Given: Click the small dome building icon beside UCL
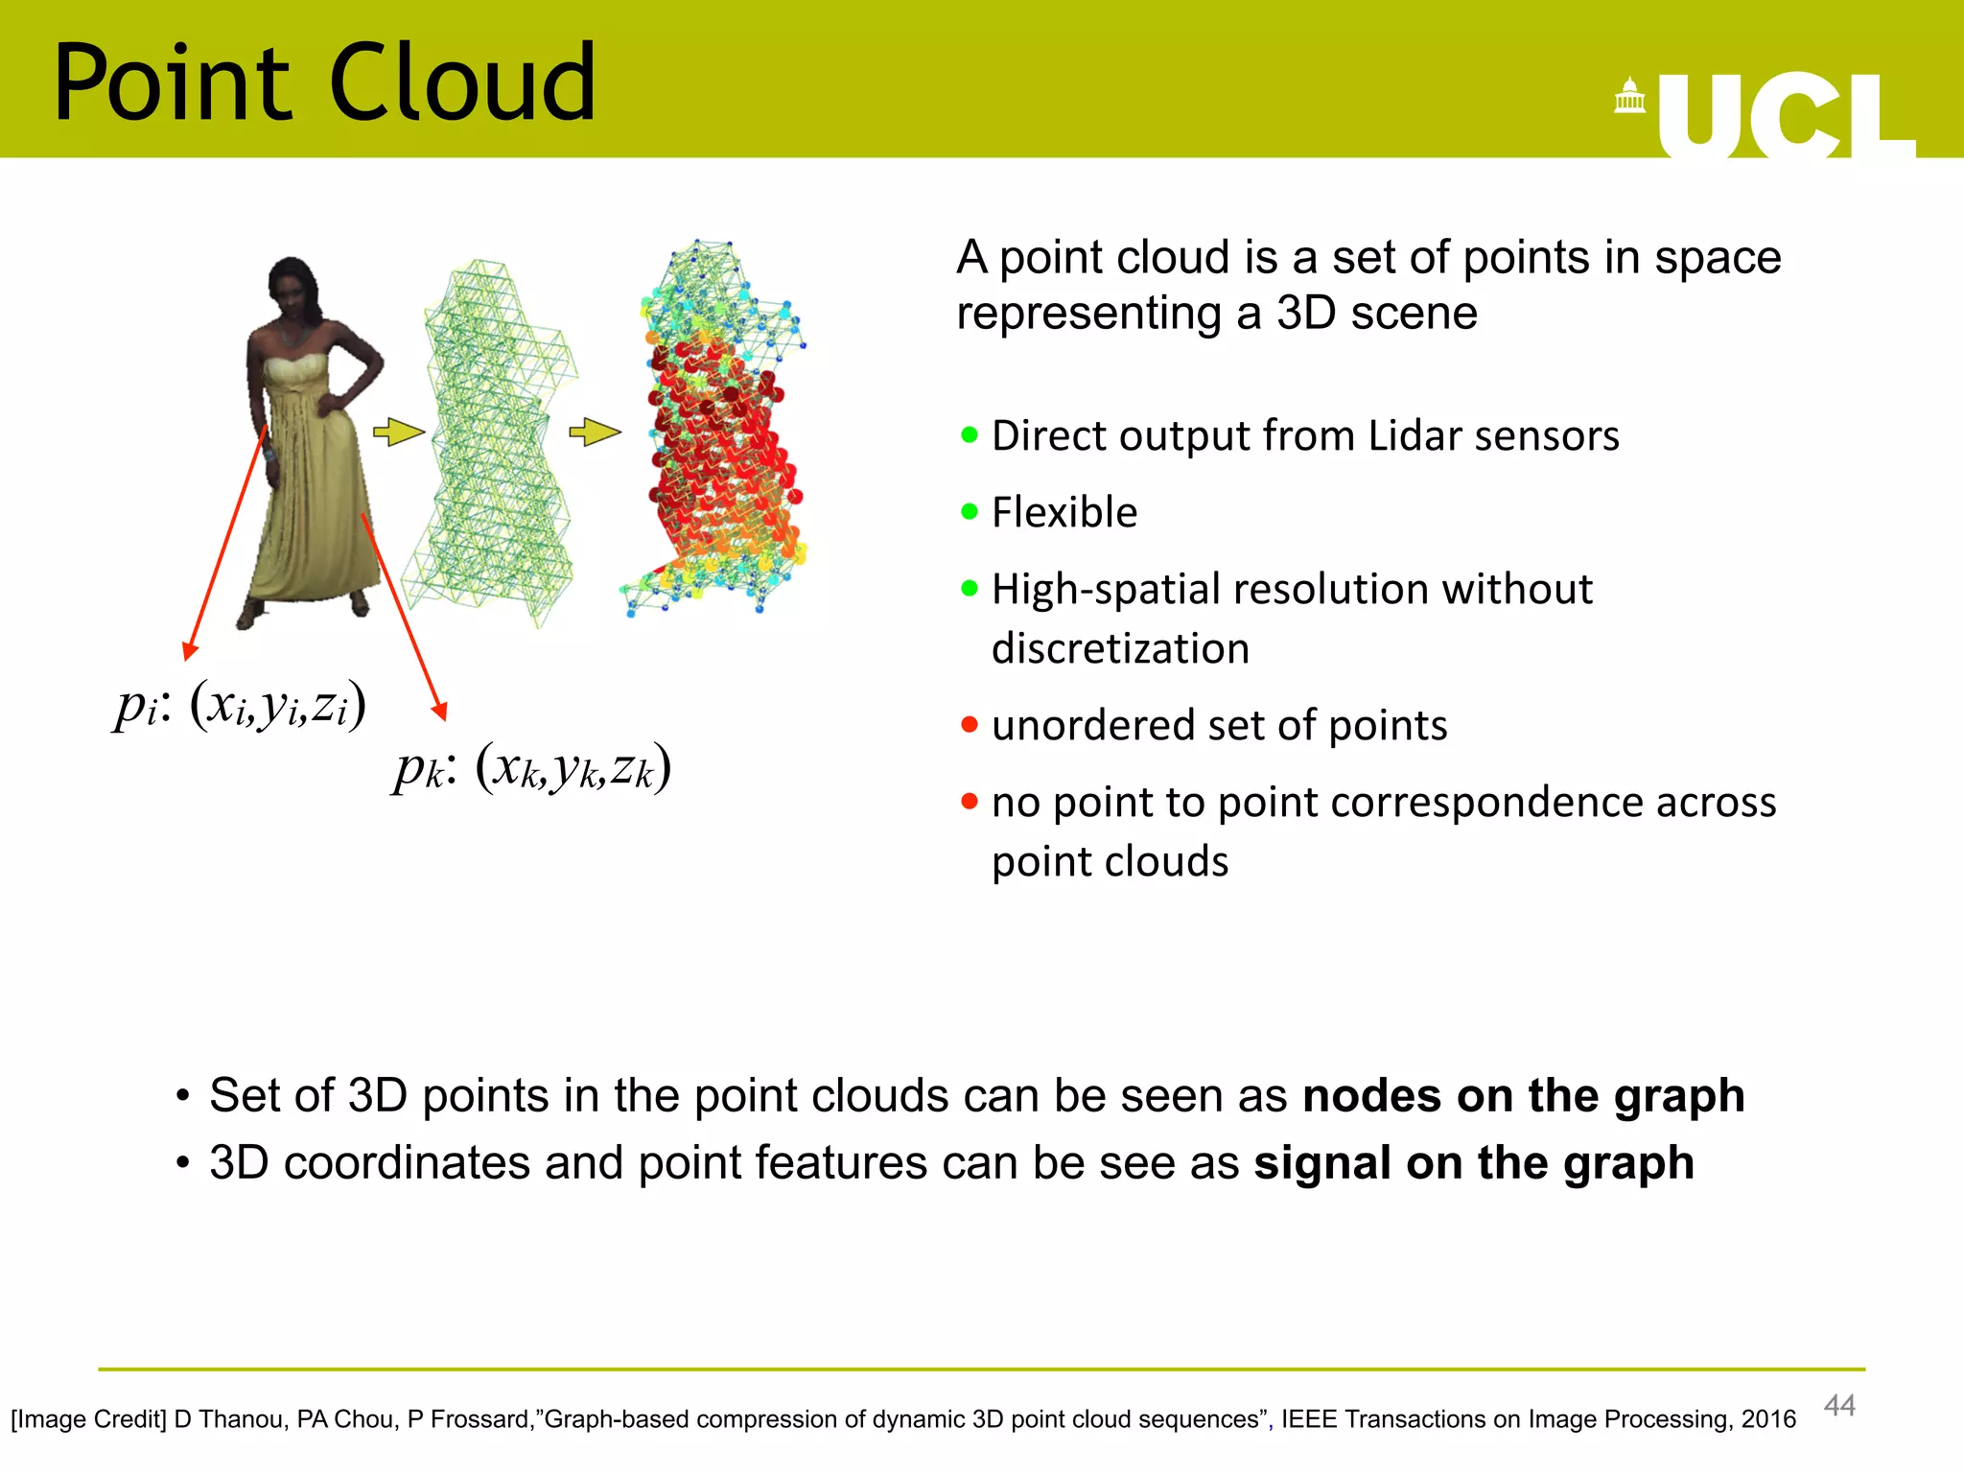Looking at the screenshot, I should pos(1629,97).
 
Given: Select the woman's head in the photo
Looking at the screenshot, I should pos(292,285).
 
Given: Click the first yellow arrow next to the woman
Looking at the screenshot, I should pos(398,433).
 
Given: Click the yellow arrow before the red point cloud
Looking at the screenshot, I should pos(595,433).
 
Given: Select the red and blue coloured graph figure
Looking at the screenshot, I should pos(719,432).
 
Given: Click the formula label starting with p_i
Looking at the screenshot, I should pos(240,707).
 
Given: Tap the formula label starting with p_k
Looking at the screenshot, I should pos(532,769).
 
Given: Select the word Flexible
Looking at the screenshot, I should pos(1064,512).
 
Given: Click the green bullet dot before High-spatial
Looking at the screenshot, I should pos(970,588).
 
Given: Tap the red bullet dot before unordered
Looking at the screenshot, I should pos(970,724).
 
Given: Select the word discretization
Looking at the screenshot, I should pos(1120,649).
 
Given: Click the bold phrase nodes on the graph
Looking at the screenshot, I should pos(1523,1095).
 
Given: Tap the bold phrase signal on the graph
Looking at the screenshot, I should pos(1473,1162).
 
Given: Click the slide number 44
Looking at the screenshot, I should pos(1838,1405).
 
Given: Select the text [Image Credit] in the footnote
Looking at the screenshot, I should pos(88,1419).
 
